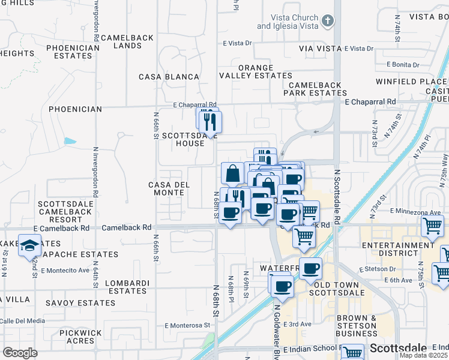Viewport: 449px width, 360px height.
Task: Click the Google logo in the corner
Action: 20,353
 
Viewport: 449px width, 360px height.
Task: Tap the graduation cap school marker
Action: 29,245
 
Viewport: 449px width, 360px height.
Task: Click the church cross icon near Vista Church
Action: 327,22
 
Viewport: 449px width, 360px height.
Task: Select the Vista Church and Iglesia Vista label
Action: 286,22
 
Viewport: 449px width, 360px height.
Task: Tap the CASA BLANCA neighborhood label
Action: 169,77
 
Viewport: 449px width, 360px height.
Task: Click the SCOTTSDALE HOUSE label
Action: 186,139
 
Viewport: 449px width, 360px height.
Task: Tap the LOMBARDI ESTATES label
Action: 125,286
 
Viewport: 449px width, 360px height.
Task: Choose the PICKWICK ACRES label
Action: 85,336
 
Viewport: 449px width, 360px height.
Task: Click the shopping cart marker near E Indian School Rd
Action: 352,353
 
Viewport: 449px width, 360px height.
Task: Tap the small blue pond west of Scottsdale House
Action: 70,142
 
